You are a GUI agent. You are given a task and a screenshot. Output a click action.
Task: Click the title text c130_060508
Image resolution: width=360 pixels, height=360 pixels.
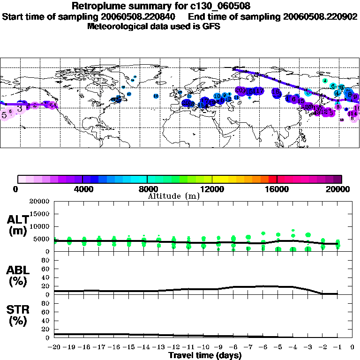coord(217,6)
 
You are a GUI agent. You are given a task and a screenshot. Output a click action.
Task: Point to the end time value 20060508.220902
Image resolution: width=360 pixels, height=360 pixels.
coord(320,16)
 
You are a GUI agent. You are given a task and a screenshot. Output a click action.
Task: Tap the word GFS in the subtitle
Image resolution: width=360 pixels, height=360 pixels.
coord(211,26)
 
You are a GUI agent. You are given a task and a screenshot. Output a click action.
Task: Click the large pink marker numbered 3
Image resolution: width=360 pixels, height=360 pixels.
coord(19,108)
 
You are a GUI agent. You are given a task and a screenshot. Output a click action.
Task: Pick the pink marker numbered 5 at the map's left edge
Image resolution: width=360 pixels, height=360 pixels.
coord(4,114)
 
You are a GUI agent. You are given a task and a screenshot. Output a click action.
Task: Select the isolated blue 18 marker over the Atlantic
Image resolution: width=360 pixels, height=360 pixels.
coord(156,96)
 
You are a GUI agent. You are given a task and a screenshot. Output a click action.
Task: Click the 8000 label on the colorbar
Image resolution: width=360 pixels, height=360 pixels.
coord(147,189)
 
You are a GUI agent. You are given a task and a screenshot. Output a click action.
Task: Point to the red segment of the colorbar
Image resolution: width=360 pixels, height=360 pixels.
coord(272,179)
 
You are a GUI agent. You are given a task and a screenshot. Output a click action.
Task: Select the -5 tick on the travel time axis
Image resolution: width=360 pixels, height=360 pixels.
coord(278,348)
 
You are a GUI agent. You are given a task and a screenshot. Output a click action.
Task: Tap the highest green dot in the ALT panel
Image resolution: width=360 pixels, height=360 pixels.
coord(293,231)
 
